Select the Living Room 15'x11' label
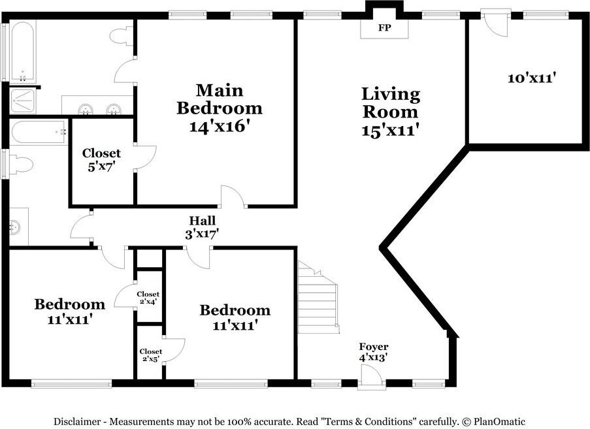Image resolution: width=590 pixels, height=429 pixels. coord(391,112)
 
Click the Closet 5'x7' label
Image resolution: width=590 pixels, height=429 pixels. coord(101,160)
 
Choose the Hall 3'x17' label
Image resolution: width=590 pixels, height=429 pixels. coord(202,227)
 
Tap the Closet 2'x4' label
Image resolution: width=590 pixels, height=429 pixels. coord(148,298)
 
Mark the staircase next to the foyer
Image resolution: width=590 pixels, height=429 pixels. coord(318,298)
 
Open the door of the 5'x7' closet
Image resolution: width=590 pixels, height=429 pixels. coord(146,157)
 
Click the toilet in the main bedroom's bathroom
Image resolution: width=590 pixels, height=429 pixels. coord(120,36)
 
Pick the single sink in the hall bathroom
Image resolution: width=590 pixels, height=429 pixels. coord(15,227)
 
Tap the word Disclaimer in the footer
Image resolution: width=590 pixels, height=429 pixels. coord(78,422)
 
